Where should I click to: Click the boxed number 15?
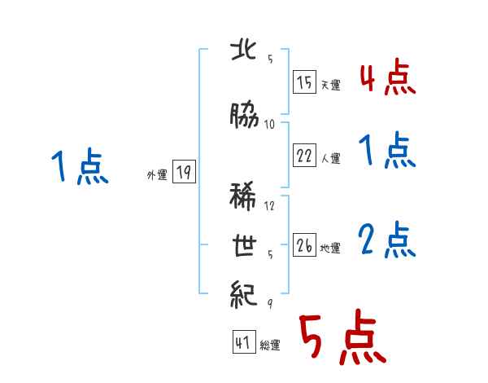(304, 82)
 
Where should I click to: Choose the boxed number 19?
(184, 172)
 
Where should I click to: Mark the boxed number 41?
(242, 343)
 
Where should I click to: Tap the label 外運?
(156, 174)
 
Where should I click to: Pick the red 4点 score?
(387, 79)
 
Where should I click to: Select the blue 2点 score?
(387, 241)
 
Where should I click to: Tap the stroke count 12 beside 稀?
(272, 206)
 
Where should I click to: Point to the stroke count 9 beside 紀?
(269, 304)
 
